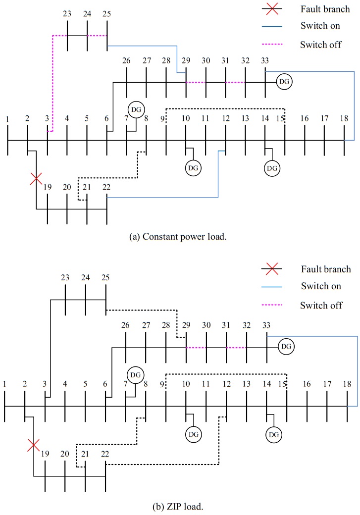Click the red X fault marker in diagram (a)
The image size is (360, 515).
(35, 179)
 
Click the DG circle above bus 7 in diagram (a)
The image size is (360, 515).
(135, 108)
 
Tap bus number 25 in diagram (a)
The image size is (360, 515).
(107, 14)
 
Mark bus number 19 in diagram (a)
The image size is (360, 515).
(47, 187)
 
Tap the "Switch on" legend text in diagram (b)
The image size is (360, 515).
(318, 287)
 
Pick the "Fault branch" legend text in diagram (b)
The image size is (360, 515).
(325, 269)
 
